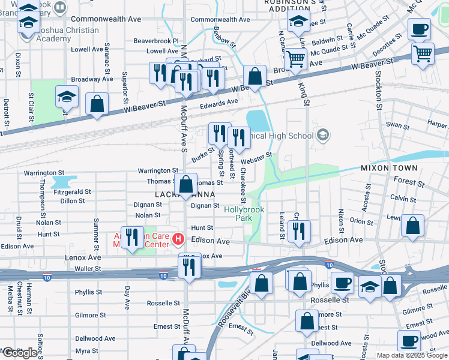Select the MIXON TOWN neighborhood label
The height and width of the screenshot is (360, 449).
pos(384,169)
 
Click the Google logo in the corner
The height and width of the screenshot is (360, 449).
pos(20,353)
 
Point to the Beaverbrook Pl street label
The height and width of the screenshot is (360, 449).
pos(156,41)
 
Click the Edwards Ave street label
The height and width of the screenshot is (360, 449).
pos(219,103)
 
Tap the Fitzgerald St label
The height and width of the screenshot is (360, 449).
pos(72,192)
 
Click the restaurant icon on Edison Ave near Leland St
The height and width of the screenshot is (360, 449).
pos(298,230)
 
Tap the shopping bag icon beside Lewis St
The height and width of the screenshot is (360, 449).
pos(412,226)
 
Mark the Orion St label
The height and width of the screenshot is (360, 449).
pos(361,221)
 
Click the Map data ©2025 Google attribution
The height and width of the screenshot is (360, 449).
pos(412,355)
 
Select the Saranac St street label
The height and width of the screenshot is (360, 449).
pos(107,54)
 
